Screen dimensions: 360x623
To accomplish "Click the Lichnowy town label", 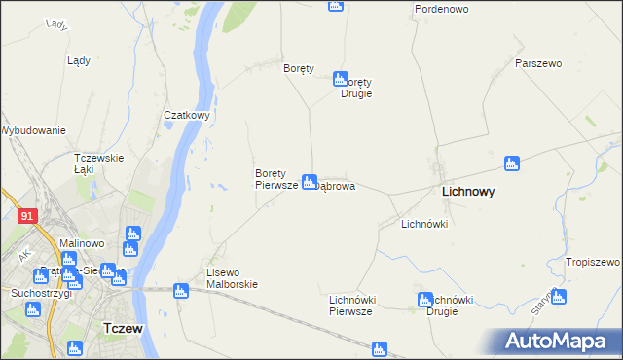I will coord(467,193).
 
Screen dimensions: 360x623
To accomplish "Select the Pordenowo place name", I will coord(441,9).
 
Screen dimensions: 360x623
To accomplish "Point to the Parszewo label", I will coord(538,63).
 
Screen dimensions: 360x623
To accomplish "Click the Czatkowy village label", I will coord(187,115).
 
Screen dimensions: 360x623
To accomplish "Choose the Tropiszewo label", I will coord(593,263).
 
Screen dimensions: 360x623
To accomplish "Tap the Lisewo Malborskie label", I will coord(231,278).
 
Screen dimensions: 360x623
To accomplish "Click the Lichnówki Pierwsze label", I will coord(351,306).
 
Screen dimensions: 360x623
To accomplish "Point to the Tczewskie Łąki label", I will coord(98,163).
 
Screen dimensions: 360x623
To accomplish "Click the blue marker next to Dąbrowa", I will coord(309,181).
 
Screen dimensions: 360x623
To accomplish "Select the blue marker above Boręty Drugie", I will coord(340,78).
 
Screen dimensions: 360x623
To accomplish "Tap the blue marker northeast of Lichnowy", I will coord(511,162).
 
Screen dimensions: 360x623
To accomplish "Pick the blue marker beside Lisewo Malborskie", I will coord(180,290).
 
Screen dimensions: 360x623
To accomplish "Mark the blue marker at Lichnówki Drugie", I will coord(424,300).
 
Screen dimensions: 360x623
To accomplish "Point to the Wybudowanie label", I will coord(33,130).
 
